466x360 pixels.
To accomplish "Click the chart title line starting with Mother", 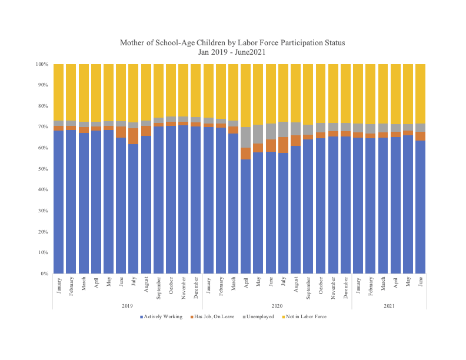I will [232, 43].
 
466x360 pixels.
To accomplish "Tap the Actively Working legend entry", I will [159, 316].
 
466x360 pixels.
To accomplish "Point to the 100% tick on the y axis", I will [41, 64].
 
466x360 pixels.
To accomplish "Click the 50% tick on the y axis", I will [42, 169].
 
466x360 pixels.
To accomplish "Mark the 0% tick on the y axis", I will [44, 274].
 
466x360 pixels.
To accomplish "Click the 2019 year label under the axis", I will [127, 305].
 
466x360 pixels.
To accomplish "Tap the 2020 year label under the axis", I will [277, 305].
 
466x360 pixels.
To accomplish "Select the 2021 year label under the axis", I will [389, 305].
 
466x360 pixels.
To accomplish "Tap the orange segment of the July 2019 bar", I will [134, 136].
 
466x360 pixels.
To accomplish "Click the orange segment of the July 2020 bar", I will [283, 145].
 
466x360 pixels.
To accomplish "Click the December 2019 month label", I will [196, 284].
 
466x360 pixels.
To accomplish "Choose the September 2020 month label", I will [308, 285].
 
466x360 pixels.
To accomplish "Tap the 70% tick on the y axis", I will [42, 127].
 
